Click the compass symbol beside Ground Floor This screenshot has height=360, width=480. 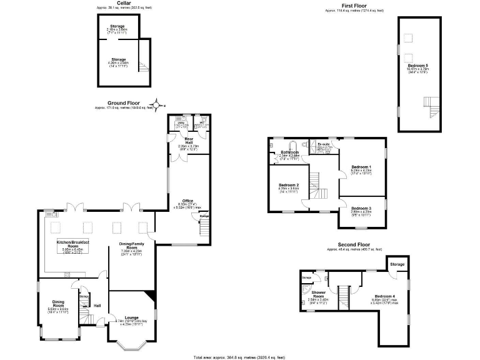click(158, 105)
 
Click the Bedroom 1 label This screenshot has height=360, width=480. click(361, 167)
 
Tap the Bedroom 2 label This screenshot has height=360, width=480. click(289, 186)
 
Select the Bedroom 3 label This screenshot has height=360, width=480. click(361, 208)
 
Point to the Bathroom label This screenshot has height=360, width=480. click(289, 152)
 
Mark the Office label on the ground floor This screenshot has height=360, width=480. click(187, 201)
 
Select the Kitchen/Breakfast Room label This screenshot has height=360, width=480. click(73, 244)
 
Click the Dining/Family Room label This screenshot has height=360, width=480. click(131, 245)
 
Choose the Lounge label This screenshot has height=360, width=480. click(131, 317)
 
